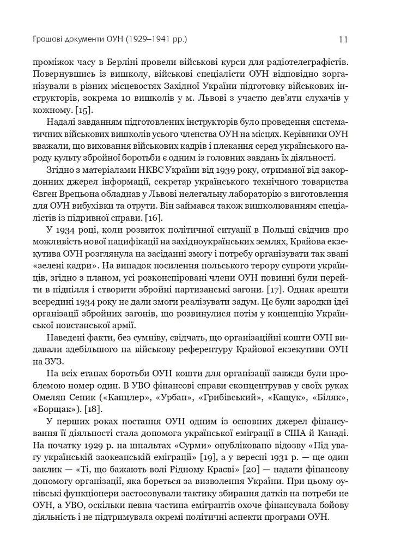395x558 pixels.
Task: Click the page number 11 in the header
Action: pos(343,39)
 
